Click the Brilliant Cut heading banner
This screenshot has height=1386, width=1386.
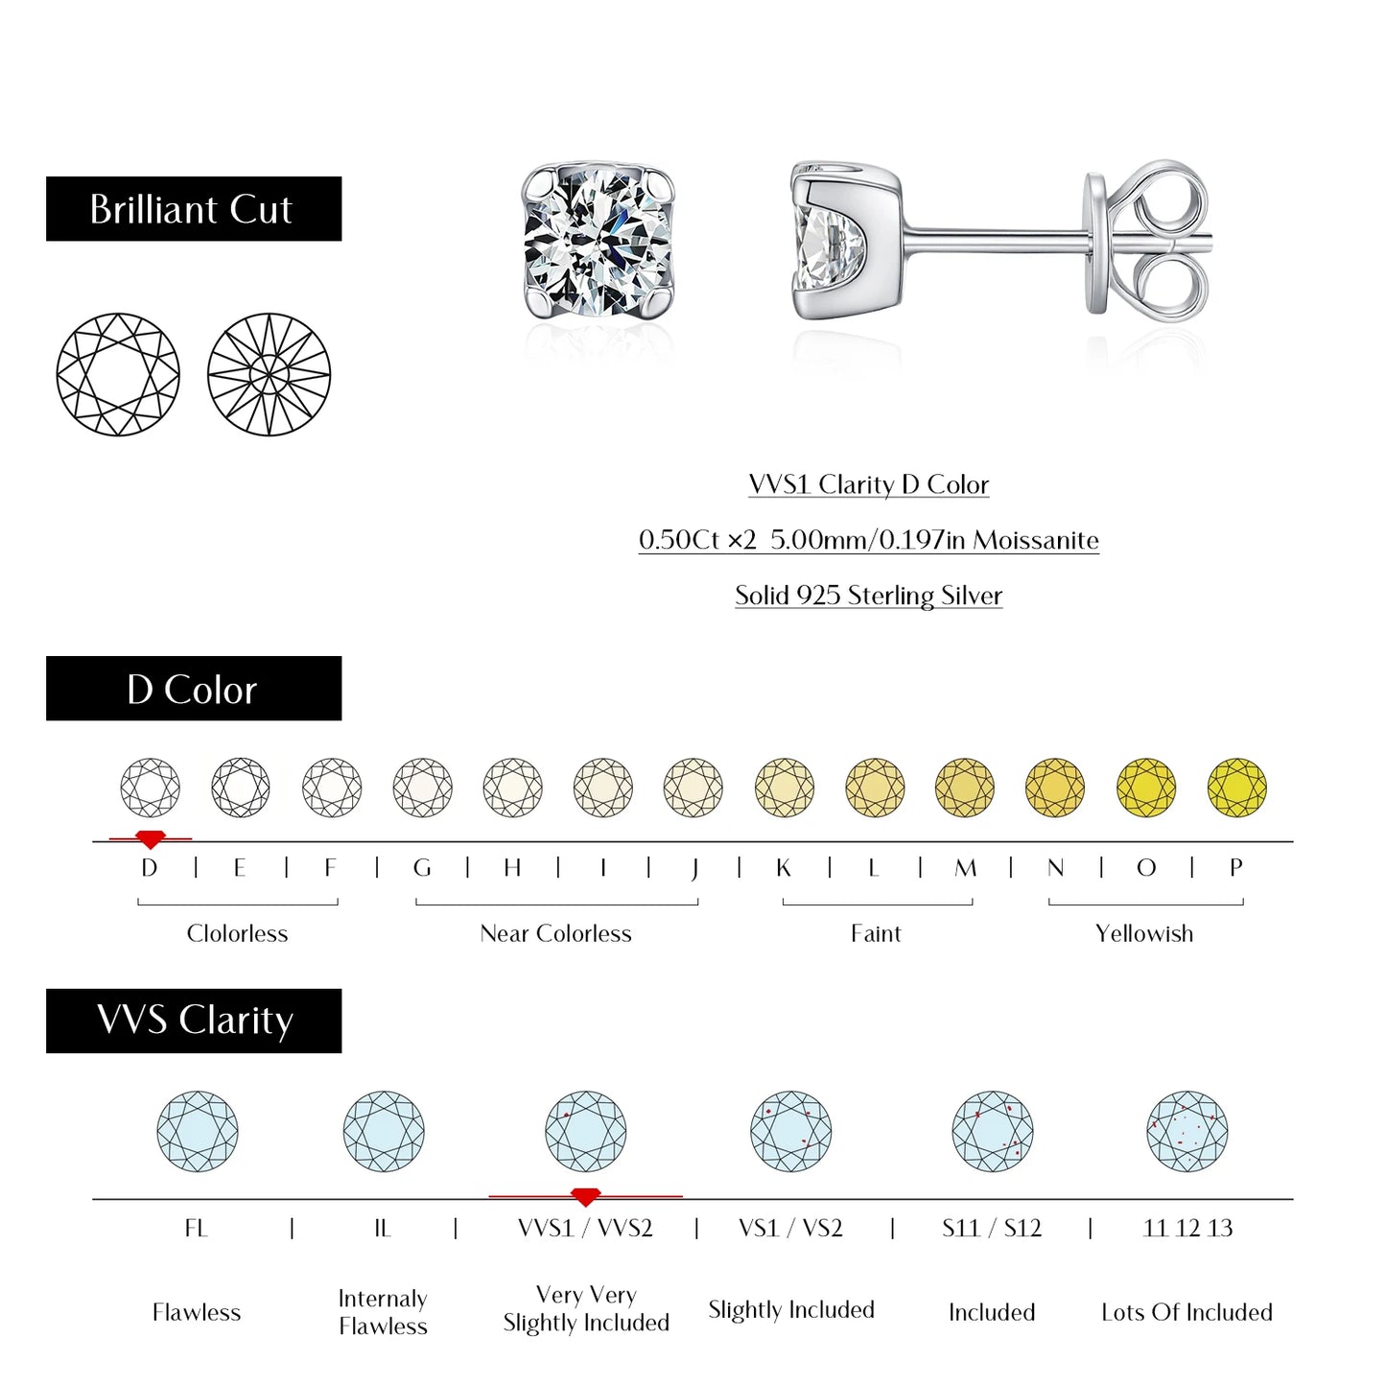coord(193,208)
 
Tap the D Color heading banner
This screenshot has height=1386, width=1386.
coord(193,689)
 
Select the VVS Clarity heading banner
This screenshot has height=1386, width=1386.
coord(193,1021)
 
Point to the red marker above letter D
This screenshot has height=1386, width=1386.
coord(150,839)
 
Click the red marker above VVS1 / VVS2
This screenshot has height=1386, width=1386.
coord(585,1197)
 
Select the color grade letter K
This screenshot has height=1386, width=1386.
coord(784,868)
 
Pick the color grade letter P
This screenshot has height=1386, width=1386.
coord(1235,868)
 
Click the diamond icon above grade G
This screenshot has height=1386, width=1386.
coord(422,787)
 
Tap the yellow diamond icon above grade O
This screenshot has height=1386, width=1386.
coord(1145,787)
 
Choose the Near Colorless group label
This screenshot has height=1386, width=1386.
coord(555,933)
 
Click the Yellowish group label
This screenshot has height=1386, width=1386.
coord(1144,933)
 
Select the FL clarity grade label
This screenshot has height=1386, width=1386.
coord(196,1229)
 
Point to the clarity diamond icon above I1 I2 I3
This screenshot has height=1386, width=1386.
coord(1186,1132)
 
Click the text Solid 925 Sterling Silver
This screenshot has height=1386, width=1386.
coord(868,596)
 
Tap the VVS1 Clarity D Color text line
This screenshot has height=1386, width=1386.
coord(868,484)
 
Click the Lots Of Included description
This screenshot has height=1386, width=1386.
coord(1186,1312)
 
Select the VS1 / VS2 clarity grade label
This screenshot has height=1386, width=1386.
coord(790,1229)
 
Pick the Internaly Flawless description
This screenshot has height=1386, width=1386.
coord(383,1312)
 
